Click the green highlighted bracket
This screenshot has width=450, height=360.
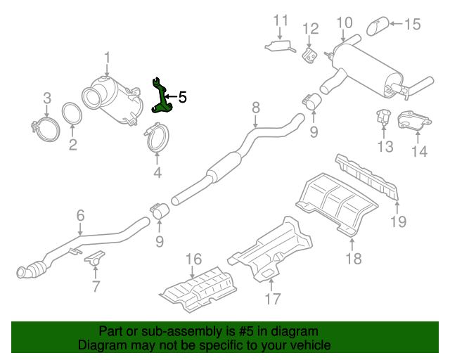click(162, 98)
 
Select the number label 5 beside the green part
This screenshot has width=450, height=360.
click(183, 97)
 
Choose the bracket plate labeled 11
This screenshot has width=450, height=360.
click(280, 46)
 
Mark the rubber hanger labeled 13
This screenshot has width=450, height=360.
click(384, 117)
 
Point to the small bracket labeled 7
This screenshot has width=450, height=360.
click(94, 261)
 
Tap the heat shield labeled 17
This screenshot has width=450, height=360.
click(274, 250)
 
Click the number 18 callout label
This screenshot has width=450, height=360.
click(353, 258)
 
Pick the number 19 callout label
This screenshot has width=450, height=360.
click(399, 221)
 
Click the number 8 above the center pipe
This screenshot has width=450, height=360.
click(256, 107)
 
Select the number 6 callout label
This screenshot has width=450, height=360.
click(80, 216)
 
